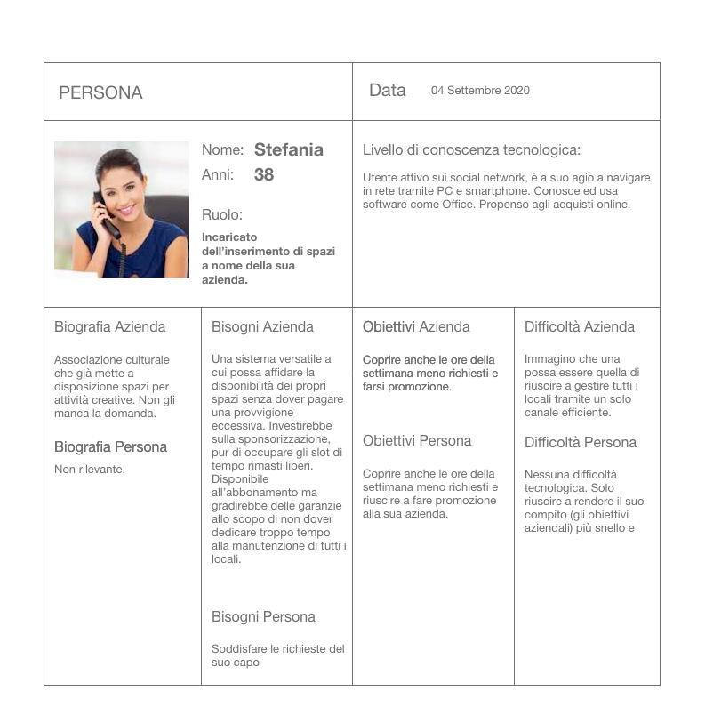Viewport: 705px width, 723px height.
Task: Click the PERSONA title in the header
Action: pos(100,92)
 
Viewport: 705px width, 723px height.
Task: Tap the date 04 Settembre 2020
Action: pos(480,91)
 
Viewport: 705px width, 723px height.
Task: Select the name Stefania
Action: pos(288,149)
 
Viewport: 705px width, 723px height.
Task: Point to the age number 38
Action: pos(264,174)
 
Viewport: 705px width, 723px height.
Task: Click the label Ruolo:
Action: pos(222,214)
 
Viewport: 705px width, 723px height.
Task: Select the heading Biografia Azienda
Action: pos(109,326)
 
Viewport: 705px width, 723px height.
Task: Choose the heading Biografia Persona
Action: pos(110,446)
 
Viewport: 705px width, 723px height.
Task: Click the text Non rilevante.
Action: pos(90,470)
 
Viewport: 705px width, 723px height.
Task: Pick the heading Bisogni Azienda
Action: pos(262,326)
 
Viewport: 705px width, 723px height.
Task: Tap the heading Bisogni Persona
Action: pos(263,616)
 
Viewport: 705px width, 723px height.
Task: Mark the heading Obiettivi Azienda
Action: pos(416,326)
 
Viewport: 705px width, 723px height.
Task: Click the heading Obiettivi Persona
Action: pos(417,440)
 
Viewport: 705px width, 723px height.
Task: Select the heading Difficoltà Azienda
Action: pos(580,326)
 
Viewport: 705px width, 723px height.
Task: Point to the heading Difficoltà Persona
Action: pos(581,442)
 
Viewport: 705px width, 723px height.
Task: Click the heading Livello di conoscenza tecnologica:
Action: pos(471,149)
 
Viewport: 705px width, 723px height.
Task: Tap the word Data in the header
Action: pos(388,90)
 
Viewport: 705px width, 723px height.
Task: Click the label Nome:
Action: pos(222,150)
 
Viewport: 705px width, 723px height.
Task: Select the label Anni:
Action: pos(218,174)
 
